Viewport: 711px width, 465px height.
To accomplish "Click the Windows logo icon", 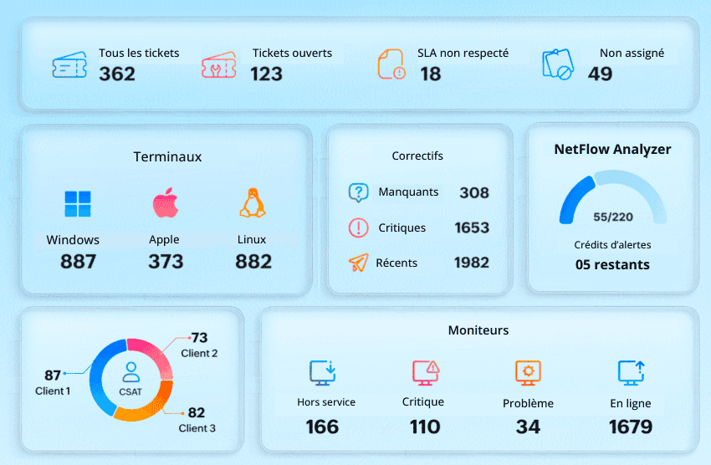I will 78,204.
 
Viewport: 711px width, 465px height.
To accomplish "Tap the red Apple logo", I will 165,203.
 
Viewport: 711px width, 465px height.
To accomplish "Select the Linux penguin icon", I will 252,203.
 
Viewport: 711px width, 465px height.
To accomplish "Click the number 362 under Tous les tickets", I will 117,74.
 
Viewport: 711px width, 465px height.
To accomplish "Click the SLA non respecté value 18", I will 430,74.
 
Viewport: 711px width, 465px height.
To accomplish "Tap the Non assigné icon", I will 558,64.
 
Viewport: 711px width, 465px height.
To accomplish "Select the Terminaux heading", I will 167,156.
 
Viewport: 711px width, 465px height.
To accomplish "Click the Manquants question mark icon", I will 358,193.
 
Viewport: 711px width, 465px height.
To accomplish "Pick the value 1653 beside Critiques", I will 472,227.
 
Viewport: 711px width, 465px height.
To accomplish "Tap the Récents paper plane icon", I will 358,263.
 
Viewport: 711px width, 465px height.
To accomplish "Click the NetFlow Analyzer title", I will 612,150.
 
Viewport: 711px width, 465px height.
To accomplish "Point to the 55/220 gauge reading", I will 612,217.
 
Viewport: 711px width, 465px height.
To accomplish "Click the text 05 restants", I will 612,264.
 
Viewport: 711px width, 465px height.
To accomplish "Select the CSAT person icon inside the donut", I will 130,370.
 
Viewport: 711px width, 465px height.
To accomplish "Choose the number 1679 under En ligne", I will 630,427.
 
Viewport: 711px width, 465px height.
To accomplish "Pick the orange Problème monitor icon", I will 528,372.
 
